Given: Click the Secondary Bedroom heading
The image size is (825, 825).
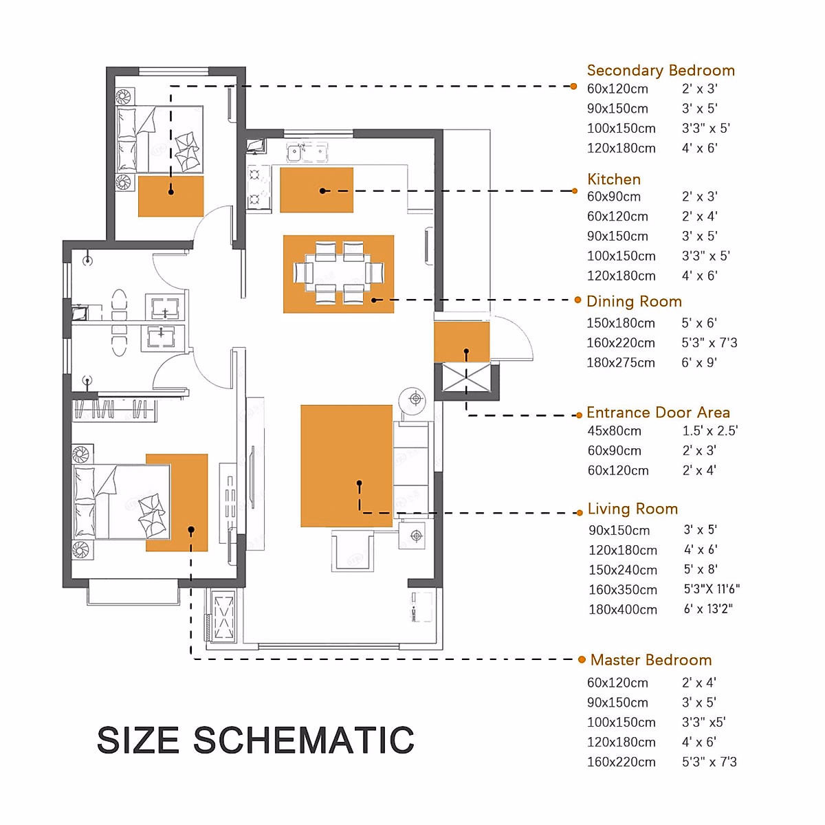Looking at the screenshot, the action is tap(661, 70).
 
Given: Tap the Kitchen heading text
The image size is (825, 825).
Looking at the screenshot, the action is tap(613, 179).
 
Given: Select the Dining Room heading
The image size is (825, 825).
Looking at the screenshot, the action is tap(634, 301).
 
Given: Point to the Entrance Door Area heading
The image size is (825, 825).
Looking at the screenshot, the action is tap(658, 412).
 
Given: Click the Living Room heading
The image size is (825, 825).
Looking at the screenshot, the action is tap(632, 509).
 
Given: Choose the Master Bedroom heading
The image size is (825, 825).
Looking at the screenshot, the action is tap(651, 660).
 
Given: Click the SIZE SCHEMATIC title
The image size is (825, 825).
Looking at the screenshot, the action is tap(256, 740).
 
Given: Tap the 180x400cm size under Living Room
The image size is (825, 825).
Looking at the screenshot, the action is tap(622, 609).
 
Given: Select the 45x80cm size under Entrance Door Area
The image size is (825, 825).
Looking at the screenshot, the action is tap(615, 430).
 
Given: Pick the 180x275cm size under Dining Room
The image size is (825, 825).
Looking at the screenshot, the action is tap(621, 362).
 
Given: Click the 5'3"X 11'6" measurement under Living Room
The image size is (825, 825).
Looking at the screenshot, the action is tap(712, 589).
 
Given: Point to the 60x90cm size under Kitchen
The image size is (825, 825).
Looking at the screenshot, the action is tap(614, 197).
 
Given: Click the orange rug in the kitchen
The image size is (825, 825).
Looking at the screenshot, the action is tap(316, 190).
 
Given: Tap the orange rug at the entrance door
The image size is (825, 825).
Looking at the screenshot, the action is tap(461, 342).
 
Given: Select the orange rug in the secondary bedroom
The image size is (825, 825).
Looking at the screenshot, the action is tap(170, 196).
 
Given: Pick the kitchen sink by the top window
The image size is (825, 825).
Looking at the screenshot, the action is tap(307, 152).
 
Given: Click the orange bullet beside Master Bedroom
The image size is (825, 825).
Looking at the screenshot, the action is tap(582, 659).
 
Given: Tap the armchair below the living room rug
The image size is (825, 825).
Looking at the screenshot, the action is tap(353, 551).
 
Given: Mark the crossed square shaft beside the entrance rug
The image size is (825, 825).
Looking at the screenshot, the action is tap(466, 377).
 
